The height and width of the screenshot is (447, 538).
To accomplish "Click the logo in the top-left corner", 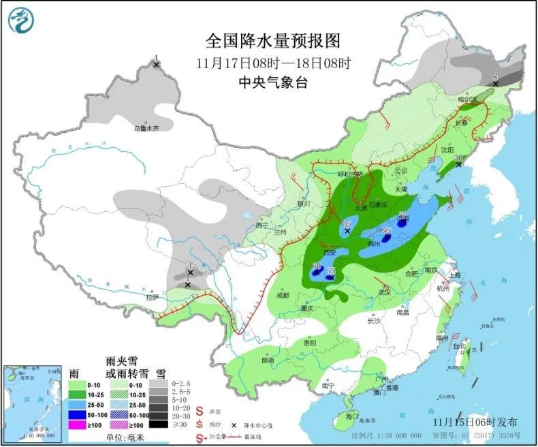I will pyautogui.click(x=20, y=20).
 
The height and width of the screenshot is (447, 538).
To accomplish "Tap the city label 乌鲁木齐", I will pyautogui.click(x=146, y=127).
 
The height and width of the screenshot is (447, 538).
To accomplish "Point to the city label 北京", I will pyautogui.click(x=400, y=170).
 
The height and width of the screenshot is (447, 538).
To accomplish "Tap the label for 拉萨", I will pyautogui.click(x=151, y=297).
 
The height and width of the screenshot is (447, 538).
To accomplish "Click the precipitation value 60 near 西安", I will pyautogui.click(x=316, y=266).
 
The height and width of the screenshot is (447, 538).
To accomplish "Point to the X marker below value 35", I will pyautogui.click(x=347, y=232).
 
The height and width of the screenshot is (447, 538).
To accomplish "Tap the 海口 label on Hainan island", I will pyautogui.click(x=351, y=416).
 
